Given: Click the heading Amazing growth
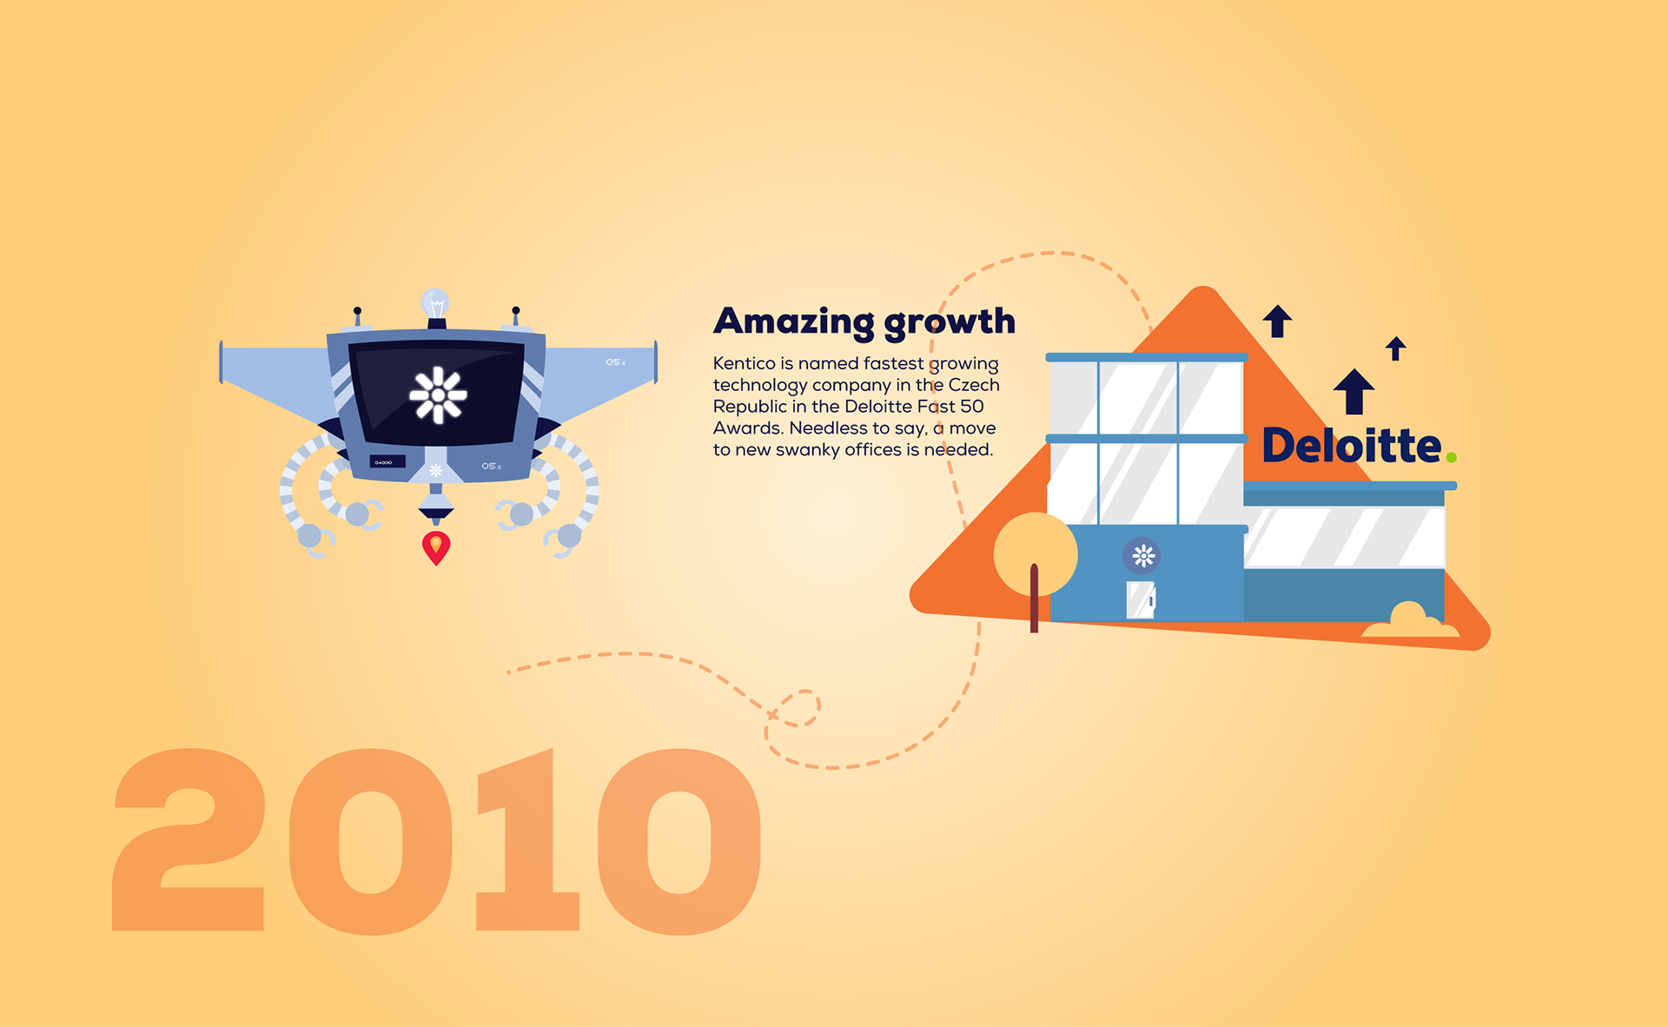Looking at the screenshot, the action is coord(864,322).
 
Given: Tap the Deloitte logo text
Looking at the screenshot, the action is coord(1351,446).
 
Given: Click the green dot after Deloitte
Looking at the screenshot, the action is coord(1451,457).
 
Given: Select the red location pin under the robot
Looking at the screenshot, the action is coord(436,547).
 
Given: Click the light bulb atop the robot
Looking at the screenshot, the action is coord(435,303).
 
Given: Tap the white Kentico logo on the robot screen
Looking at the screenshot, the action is coord(439,395).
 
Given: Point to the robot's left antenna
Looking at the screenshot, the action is coord(357,316).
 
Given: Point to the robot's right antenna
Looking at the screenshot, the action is coord(516,316).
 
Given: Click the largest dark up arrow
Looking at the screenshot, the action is coord(1354,392).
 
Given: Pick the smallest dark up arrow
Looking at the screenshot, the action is coord(1396,348).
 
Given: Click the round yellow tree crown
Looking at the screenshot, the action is coord(1036,554).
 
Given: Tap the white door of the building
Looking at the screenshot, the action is coord(1141,600).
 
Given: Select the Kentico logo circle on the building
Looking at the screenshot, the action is coord(1143,556).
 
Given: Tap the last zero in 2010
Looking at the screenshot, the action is coord(679,841).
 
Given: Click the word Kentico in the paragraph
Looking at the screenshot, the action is coord(745,363).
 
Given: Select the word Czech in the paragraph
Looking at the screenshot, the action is coord(974,385).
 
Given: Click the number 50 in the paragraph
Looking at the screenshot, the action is coord(972,407).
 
